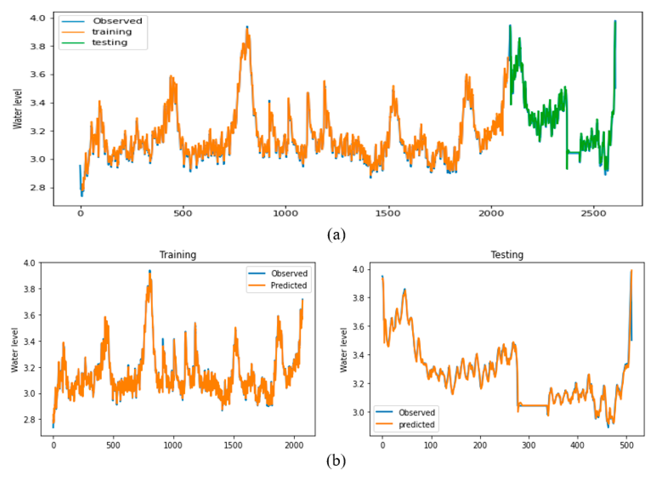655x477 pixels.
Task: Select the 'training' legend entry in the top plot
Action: pos(112,32)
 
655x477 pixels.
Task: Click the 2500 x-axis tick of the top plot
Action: pos(593,214)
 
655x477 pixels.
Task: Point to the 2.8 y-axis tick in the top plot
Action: pos(38,188)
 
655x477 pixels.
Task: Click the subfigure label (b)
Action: pos(336,461)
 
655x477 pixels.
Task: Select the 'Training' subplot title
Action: pos(178,255)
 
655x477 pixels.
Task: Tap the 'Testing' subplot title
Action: pos(507,255)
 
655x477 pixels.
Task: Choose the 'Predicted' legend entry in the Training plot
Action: pos(288,285)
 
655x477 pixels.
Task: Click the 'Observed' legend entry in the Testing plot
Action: pos(417,412)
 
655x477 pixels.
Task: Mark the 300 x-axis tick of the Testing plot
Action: pos(529,445)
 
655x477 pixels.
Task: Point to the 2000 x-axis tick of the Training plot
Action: pos(294,445)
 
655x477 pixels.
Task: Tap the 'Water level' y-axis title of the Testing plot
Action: pos(343,350)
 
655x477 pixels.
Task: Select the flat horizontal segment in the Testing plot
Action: pos(533,406)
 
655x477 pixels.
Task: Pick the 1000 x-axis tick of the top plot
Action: pos(285,214)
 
